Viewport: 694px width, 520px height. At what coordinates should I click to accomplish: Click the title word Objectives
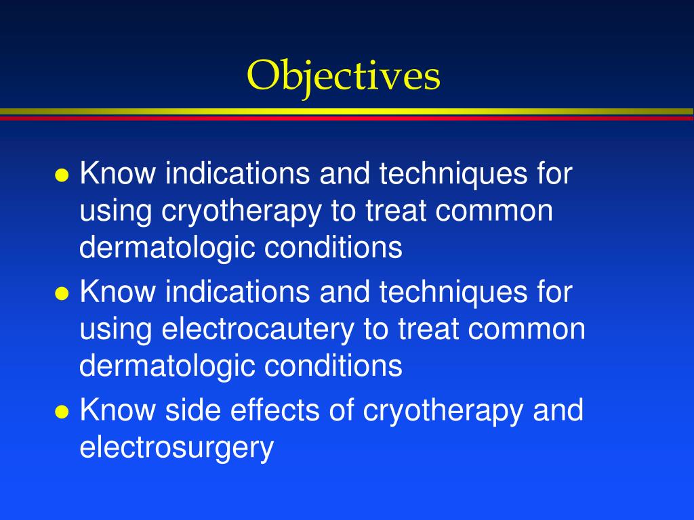344,75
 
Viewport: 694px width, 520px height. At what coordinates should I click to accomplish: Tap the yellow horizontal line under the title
347,111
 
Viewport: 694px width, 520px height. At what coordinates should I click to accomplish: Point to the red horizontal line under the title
347,118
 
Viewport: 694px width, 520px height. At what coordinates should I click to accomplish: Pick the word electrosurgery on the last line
176,448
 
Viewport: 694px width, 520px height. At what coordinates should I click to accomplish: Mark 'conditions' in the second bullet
333,366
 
